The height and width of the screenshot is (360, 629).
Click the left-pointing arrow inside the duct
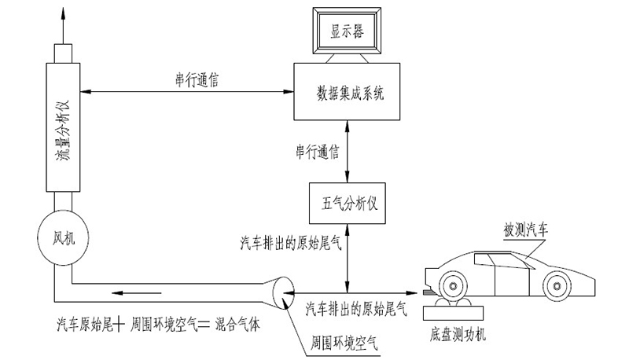click(125, 295)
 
